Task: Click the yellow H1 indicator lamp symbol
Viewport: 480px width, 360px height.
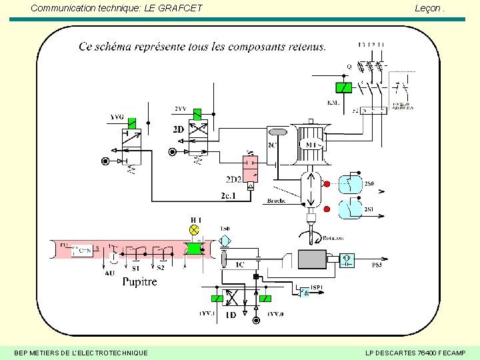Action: pyautogui.click(x=195, y=229)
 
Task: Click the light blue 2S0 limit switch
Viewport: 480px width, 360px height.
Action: pyautogui.click(x=351, y=184)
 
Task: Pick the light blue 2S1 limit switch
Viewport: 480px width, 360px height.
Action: pyautogui.click(x=351, y=209)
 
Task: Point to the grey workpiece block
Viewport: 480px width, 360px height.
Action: pyautogui.click(x=311, y=259)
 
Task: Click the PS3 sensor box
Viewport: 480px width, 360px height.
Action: pyautogui.click(x=347, y=259)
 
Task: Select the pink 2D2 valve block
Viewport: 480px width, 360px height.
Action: pyautogui.click(x=250, y=169)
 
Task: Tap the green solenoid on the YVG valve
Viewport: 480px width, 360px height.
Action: pyautogui.click(x=132, y=123)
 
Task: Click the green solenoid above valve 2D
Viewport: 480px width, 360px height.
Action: pyautogui.click(x=197, y=115)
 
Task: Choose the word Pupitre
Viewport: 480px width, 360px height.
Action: pyautogui.click(x=139, y=281)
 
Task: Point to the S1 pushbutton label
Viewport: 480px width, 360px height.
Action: pyautogui.click(x=135, y=268)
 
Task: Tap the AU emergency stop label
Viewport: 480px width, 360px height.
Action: pyautogui.click(x=110, y=272)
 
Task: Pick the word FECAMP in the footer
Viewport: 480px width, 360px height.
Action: pyautogui.click(x=450, y=352)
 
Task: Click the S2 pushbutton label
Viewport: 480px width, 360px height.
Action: pyautogui.click(x=161, y=268)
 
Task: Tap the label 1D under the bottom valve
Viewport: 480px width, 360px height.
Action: pyautogui.click(x=231, y=315)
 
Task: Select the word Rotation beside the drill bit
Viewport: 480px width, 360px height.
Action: pyautogui.click(x=335, y=238)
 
